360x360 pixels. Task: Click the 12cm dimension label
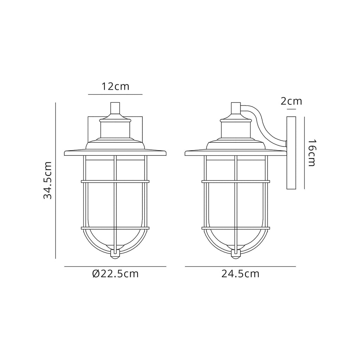tap(115, 86)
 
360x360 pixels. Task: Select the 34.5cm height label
tap(48, 180)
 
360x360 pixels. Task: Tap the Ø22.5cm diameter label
tap(115, 274)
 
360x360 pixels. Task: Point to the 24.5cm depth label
tap(240, 274)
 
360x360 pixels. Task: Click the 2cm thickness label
tap(291, 101)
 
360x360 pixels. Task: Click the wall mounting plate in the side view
tap(291, 153)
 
